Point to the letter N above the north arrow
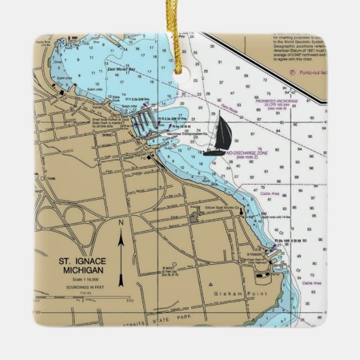121,223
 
